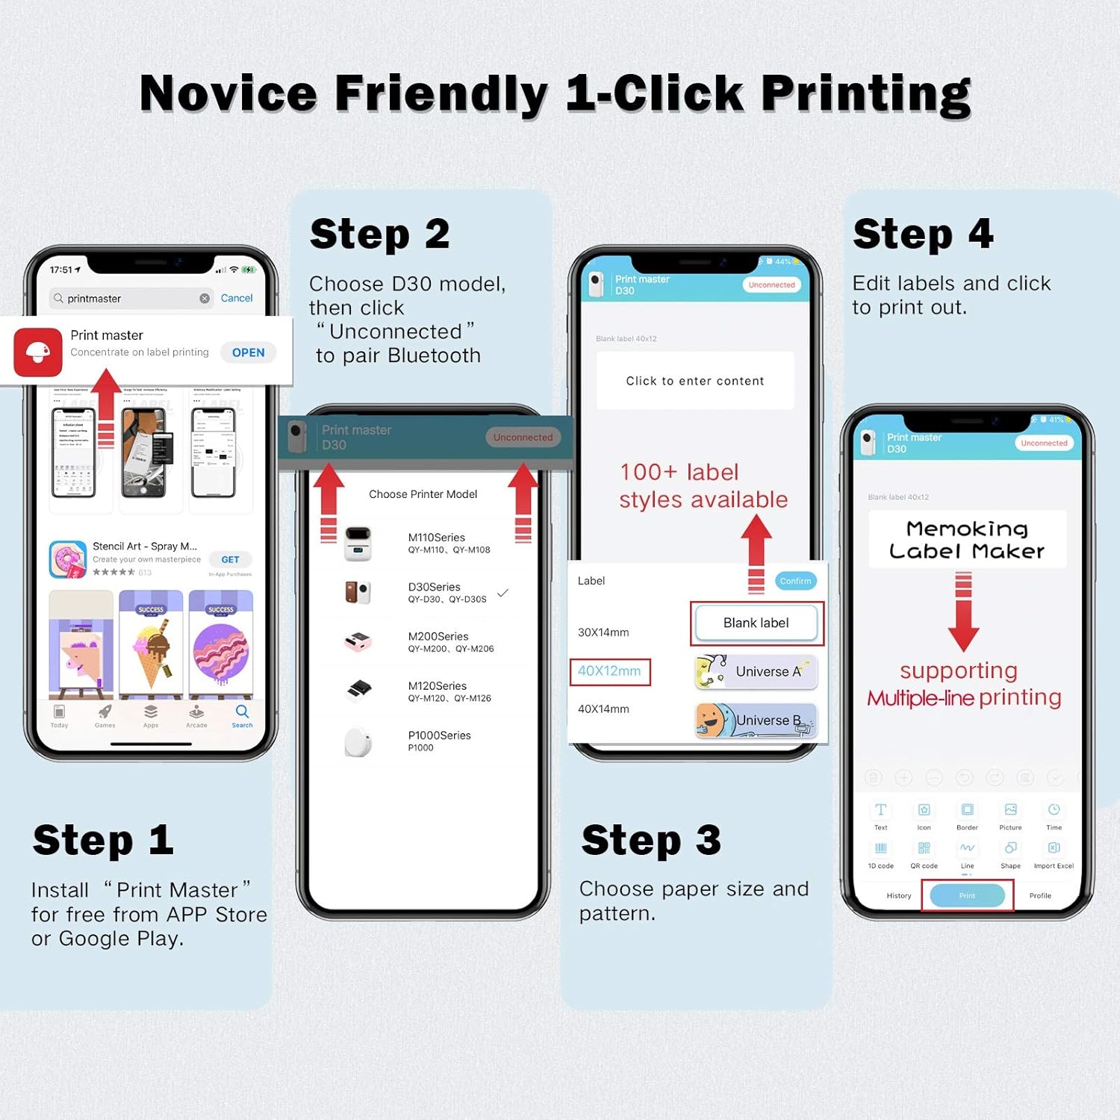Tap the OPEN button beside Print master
tap(248, 352)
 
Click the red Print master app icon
tap(38, 352)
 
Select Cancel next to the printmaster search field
tap(237, 298)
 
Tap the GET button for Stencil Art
tap(230, 559)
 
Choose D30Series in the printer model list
tap(434, 592)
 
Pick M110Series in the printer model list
tap(436, 543)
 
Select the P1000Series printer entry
tap(439, 741)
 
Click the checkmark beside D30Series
tap(503, 593)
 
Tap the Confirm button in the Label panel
tap(795, 581)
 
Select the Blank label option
tap(756, 623)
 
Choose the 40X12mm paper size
tap(609, 671)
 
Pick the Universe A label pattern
tap(756, 671)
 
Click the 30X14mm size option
tap(603, 632)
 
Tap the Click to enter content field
tap(694, 381)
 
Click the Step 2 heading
tap(379, 234)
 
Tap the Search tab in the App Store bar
tap(242, 715)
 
